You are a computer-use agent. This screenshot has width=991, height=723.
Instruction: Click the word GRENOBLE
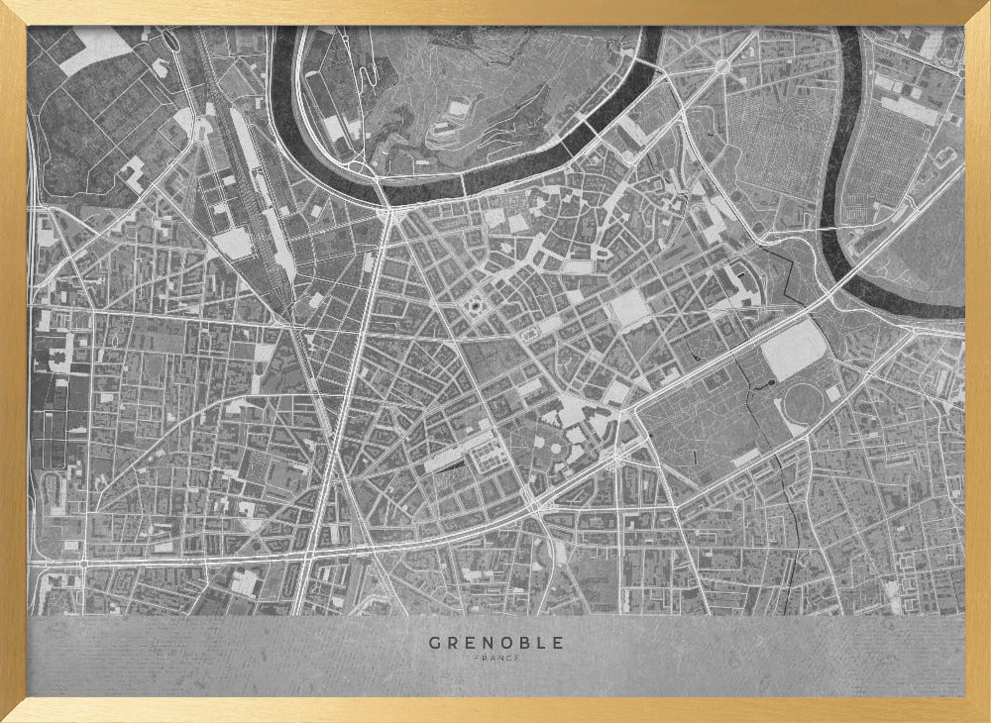495,643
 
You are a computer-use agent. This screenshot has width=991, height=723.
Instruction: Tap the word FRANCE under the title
495,659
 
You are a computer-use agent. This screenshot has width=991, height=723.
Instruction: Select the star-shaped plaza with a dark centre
474,306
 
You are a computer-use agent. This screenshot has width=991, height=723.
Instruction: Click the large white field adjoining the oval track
794,349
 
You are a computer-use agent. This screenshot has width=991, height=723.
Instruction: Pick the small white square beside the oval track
833,393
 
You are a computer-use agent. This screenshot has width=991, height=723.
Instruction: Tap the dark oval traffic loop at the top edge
722,66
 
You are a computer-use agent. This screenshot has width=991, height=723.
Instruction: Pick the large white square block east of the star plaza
629,309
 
